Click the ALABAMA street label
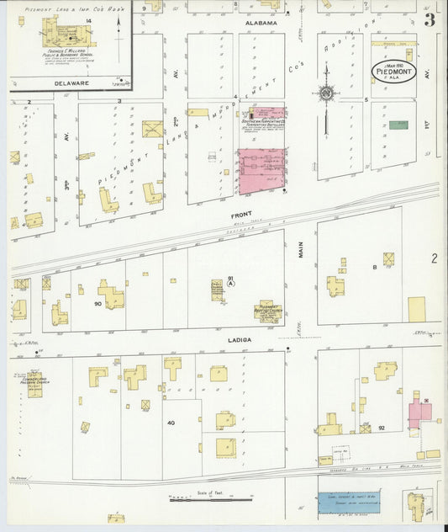(261, 24)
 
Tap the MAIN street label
(300, 249)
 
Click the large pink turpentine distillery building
(261, 171)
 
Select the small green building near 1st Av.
(398, 125)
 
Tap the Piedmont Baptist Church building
(268, 311)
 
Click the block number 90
(98, 303)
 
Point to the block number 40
(171, 422)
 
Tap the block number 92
(381, 428)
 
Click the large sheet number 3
(429, 19)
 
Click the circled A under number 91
(229, 285)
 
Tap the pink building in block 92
(419, 412)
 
